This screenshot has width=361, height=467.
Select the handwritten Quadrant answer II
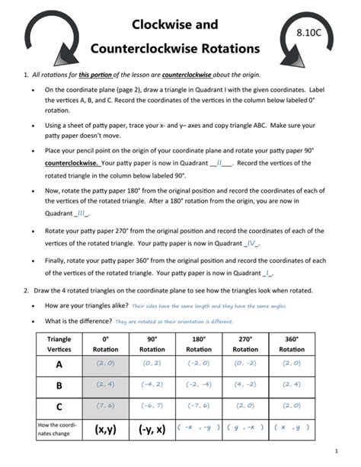pos(220,162)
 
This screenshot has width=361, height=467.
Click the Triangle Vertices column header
pos(59,344)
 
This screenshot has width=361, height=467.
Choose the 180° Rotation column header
pos(200,344)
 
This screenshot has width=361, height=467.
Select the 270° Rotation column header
pos(246,344)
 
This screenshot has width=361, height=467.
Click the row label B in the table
pos(59,385)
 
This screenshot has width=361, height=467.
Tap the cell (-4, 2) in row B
pos(152,385)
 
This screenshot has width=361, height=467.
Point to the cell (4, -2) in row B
pos(246,385)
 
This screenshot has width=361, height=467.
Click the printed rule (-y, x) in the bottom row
pos(152,430)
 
